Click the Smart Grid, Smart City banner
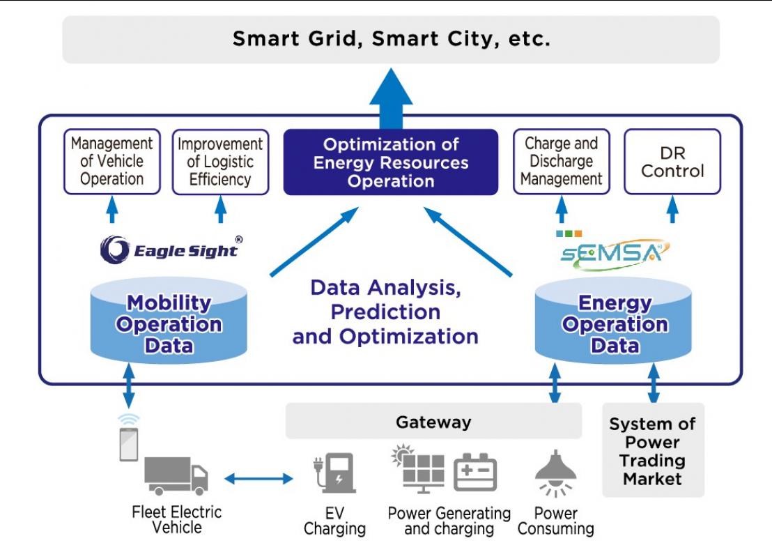pyautogui.click(x=391, y=39)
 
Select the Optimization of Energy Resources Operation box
pyautogui.click(x=391, y=162)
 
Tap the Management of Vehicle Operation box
pyautogui.click(x=111, y=161)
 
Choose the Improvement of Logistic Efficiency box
pyautogui.click(x=220, y=162)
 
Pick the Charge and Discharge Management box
pyautogui.click(x=561, y=161)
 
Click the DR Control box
pyautogui.click(x=672, y=161)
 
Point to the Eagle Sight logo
pyautogui.click(x=171, y=250)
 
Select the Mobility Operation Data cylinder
pyautogui.click(x=169, y=323)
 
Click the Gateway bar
pyautogui.click(x=433, y=422)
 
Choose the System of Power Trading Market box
pyautogui.click(x=653, y=450)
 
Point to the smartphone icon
pyautogui.click(x=129, y=442)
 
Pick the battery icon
pyautogui.click(x=475, y=472)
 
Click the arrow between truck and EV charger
pyautogui.click(x=258, y=478)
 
